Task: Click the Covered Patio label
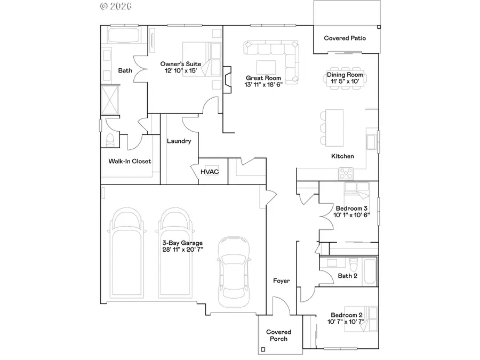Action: tap(345, 38)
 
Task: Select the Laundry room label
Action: tap(179, 141)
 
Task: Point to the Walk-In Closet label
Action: tap(130, 161)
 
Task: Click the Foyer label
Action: tap(281, 281)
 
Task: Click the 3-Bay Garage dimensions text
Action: tap(183, 249)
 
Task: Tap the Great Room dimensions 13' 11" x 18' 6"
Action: tap(263, 85)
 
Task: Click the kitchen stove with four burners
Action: tap(346, 173)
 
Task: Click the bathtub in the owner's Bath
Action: tap(123, 36)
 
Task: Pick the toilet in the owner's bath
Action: tap(110, 140)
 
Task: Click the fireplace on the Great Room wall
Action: tap(227, 77)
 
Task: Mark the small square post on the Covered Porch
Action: tap(262, 350)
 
